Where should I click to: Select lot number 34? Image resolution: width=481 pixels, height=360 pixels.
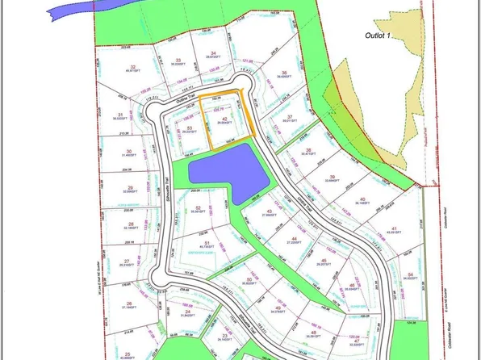tap(213, 53)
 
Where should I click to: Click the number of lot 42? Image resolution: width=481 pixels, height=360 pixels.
tap(223, 118)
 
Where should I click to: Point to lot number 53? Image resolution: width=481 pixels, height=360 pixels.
tap(188, 127)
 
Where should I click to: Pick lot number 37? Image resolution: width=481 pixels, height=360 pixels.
tap(291, 117)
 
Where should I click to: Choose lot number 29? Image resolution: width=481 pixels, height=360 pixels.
tap(128, 186)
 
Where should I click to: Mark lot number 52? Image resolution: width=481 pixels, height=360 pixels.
tap(198, 207)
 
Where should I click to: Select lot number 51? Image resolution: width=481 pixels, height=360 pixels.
tap(207, 242)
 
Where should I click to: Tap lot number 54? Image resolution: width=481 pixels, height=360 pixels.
tap(411, 274)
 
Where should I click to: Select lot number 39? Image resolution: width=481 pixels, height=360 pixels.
tap(332, 176)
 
